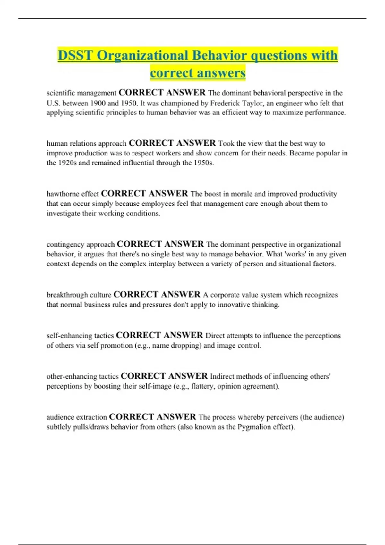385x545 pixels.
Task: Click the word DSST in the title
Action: [75, 55]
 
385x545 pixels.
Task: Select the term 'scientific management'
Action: [81, 93]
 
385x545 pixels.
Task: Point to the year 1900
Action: [98, 103]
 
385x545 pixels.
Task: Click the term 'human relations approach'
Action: [87, 143]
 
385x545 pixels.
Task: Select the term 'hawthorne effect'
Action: [73, 194]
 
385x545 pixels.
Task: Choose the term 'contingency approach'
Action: [81, 244]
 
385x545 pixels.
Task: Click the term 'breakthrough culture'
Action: [79, 295]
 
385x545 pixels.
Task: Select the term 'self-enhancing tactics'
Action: [80, 336]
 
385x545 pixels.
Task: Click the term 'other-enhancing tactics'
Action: [82, 376]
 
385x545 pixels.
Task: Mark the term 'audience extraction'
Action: [77, 417]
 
